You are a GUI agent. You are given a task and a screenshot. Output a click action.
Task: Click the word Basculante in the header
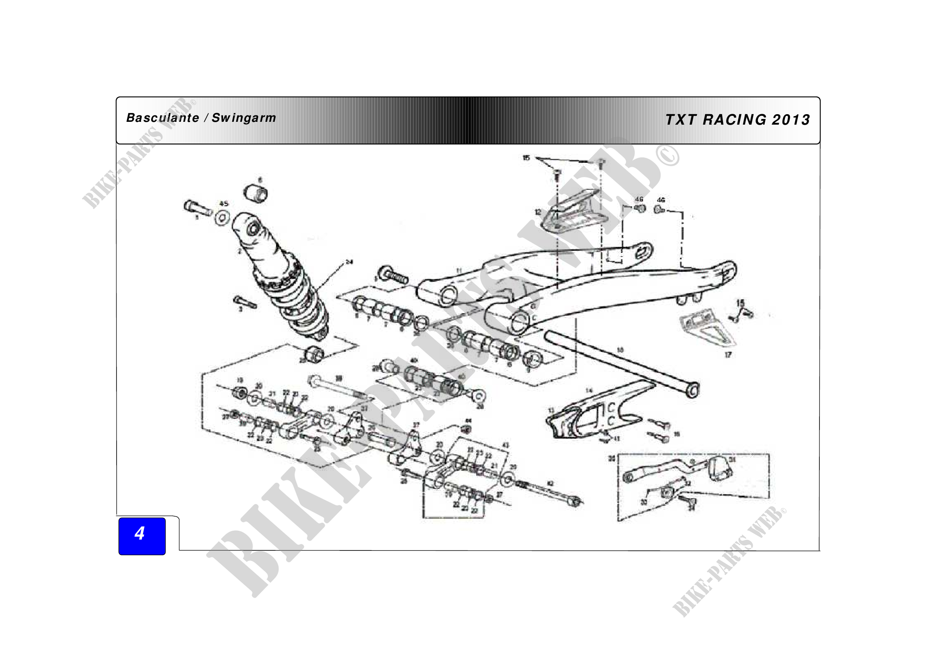pyautogui.click(x=162, y=118)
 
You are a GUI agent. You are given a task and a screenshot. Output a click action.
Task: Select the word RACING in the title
pyautogui.click(x=735, y=119)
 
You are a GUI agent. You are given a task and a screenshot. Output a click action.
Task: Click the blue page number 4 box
pyautogui.click(x=141, y=536)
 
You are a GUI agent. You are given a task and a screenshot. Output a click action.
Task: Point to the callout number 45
pyautogui.click(x=223, y=203)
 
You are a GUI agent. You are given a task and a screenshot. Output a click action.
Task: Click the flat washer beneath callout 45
pyautogui.click(x=222, y=218)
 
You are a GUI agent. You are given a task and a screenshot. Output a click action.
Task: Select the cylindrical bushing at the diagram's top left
pyautogui.click(x=256, y=193)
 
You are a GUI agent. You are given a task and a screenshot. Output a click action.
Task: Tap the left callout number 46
pyautogui.click(x=639, y=199)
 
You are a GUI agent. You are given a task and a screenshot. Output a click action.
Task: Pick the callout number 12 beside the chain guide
pyautogui.click(x=538, y=212)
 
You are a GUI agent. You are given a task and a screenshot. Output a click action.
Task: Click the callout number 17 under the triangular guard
pyautogui.click(x=728, y=355)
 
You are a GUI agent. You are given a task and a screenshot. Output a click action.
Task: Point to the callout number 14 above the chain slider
pyautogui.click(x=589, y=390)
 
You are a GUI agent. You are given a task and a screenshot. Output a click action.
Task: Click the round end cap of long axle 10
pyautogui.click(x=692, y=390)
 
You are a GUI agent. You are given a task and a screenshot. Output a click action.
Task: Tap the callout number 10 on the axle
pyautogui.click(x=620, y=350)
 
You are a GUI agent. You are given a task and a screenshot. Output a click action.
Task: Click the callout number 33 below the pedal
pyautogui.click(x=643, y=502)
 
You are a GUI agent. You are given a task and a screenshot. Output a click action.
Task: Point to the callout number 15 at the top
pyautogui.click(x=526, y=158)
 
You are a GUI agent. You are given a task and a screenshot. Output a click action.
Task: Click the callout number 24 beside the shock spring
pyautogui.click(x=349, y=262)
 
